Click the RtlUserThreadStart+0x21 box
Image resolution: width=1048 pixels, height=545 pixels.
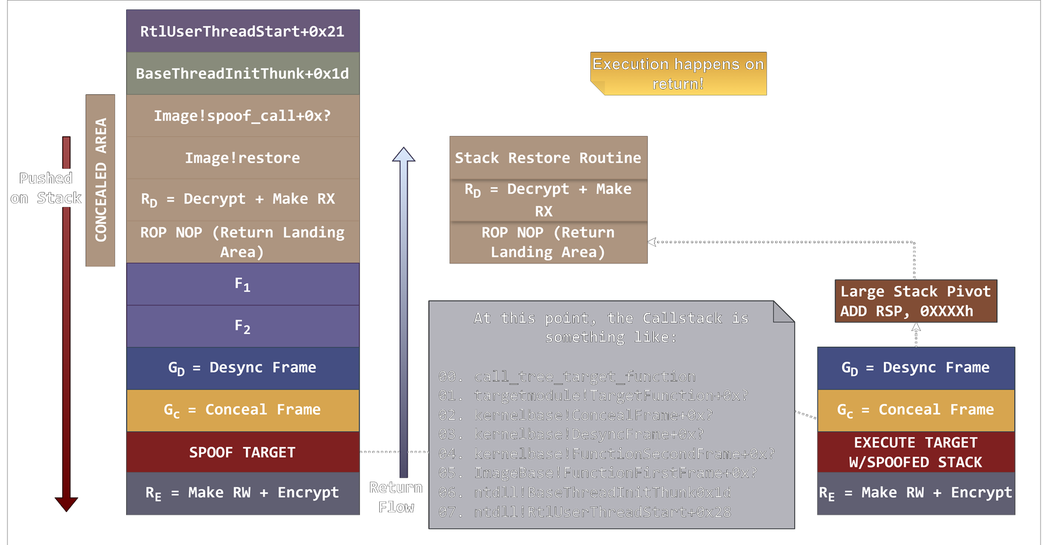coord(243,31)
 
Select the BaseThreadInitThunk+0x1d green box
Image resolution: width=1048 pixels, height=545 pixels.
coord(243,74)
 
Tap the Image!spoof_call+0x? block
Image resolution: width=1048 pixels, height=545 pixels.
coord(243,116)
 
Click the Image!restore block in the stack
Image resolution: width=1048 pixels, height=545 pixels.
coord(243,158)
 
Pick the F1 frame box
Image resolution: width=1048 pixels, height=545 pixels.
coord(243,284)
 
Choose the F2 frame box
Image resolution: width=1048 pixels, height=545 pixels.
coord(243,326)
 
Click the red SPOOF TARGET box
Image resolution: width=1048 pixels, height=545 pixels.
coord(243,452)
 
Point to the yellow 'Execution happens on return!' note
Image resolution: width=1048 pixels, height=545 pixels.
coord(678,74)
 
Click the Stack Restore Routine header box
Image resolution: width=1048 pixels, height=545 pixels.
coord(548,158)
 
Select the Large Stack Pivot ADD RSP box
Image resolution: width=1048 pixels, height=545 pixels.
coord(915,301)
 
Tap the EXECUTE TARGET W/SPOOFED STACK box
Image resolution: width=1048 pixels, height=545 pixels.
coord(915,452)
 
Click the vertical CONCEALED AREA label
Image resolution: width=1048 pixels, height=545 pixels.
coord(101,180)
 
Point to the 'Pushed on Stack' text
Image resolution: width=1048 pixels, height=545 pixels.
coord(46,188)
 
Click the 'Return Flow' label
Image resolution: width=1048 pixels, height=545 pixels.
coord(396,497)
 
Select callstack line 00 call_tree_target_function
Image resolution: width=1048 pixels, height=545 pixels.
coord(568,376)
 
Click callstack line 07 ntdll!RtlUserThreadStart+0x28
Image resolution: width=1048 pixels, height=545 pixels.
coord(585,512)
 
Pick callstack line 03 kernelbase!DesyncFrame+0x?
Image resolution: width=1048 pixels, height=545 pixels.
coord(572,434)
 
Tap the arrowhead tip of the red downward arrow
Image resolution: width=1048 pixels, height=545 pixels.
coord(66,508)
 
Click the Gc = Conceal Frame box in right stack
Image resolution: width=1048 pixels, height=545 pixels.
coord(915,409)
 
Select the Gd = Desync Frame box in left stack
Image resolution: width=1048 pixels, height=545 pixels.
coord(243,368)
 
